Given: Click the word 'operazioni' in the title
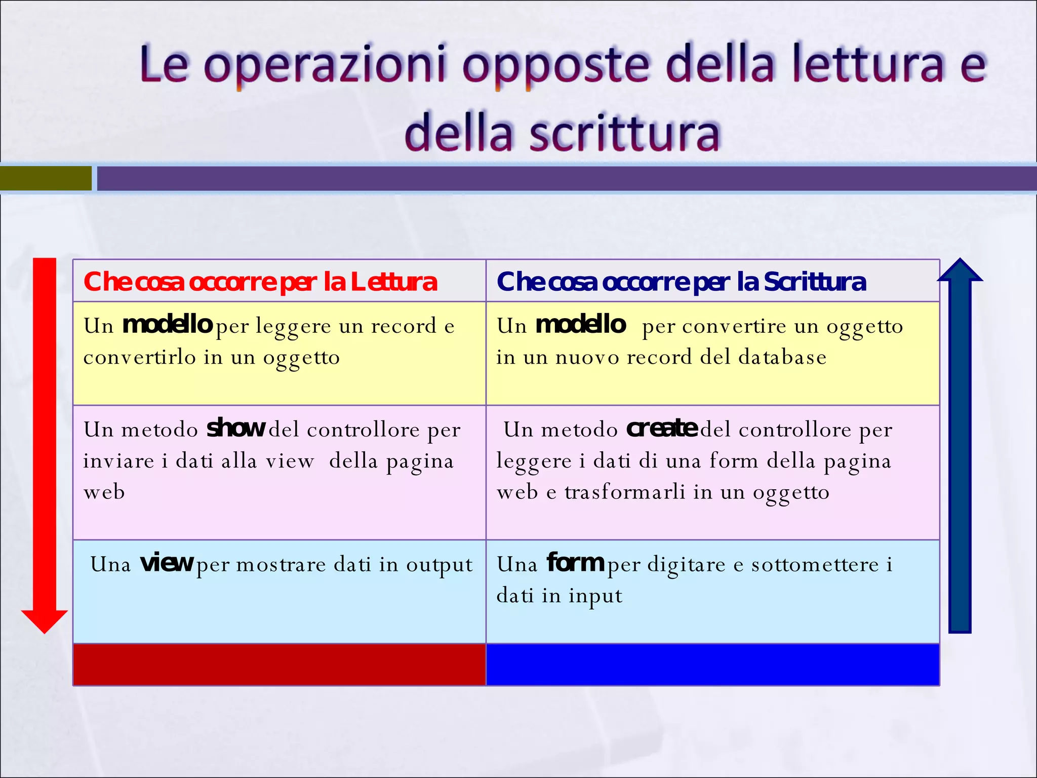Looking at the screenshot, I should (x=326, y=66).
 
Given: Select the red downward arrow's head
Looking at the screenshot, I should (x=45, y=621).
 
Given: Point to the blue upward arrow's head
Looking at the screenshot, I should (x=960, y=271).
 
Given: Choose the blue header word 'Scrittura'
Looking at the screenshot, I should (x=815, y=282).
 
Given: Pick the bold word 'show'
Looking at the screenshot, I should (x=236, y=429).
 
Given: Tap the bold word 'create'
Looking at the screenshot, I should (x=662, y=429).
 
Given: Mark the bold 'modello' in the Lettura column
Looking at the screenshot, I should (x=167, y=325).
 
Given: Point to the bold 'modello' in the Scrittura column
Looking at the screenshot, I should (x=581, y=325).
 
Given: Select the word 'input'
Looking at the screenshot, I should (x=595, y=596).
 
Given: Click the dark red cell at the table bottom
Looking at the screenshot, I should (x=280, y=665).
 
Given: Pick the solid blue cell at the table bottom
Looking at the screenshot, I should (x=712, y=665).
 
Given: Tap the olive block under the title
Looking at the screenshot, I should (x=46, y=178).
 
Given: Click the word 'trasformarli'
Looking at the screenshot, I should (x=625, y=492).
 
